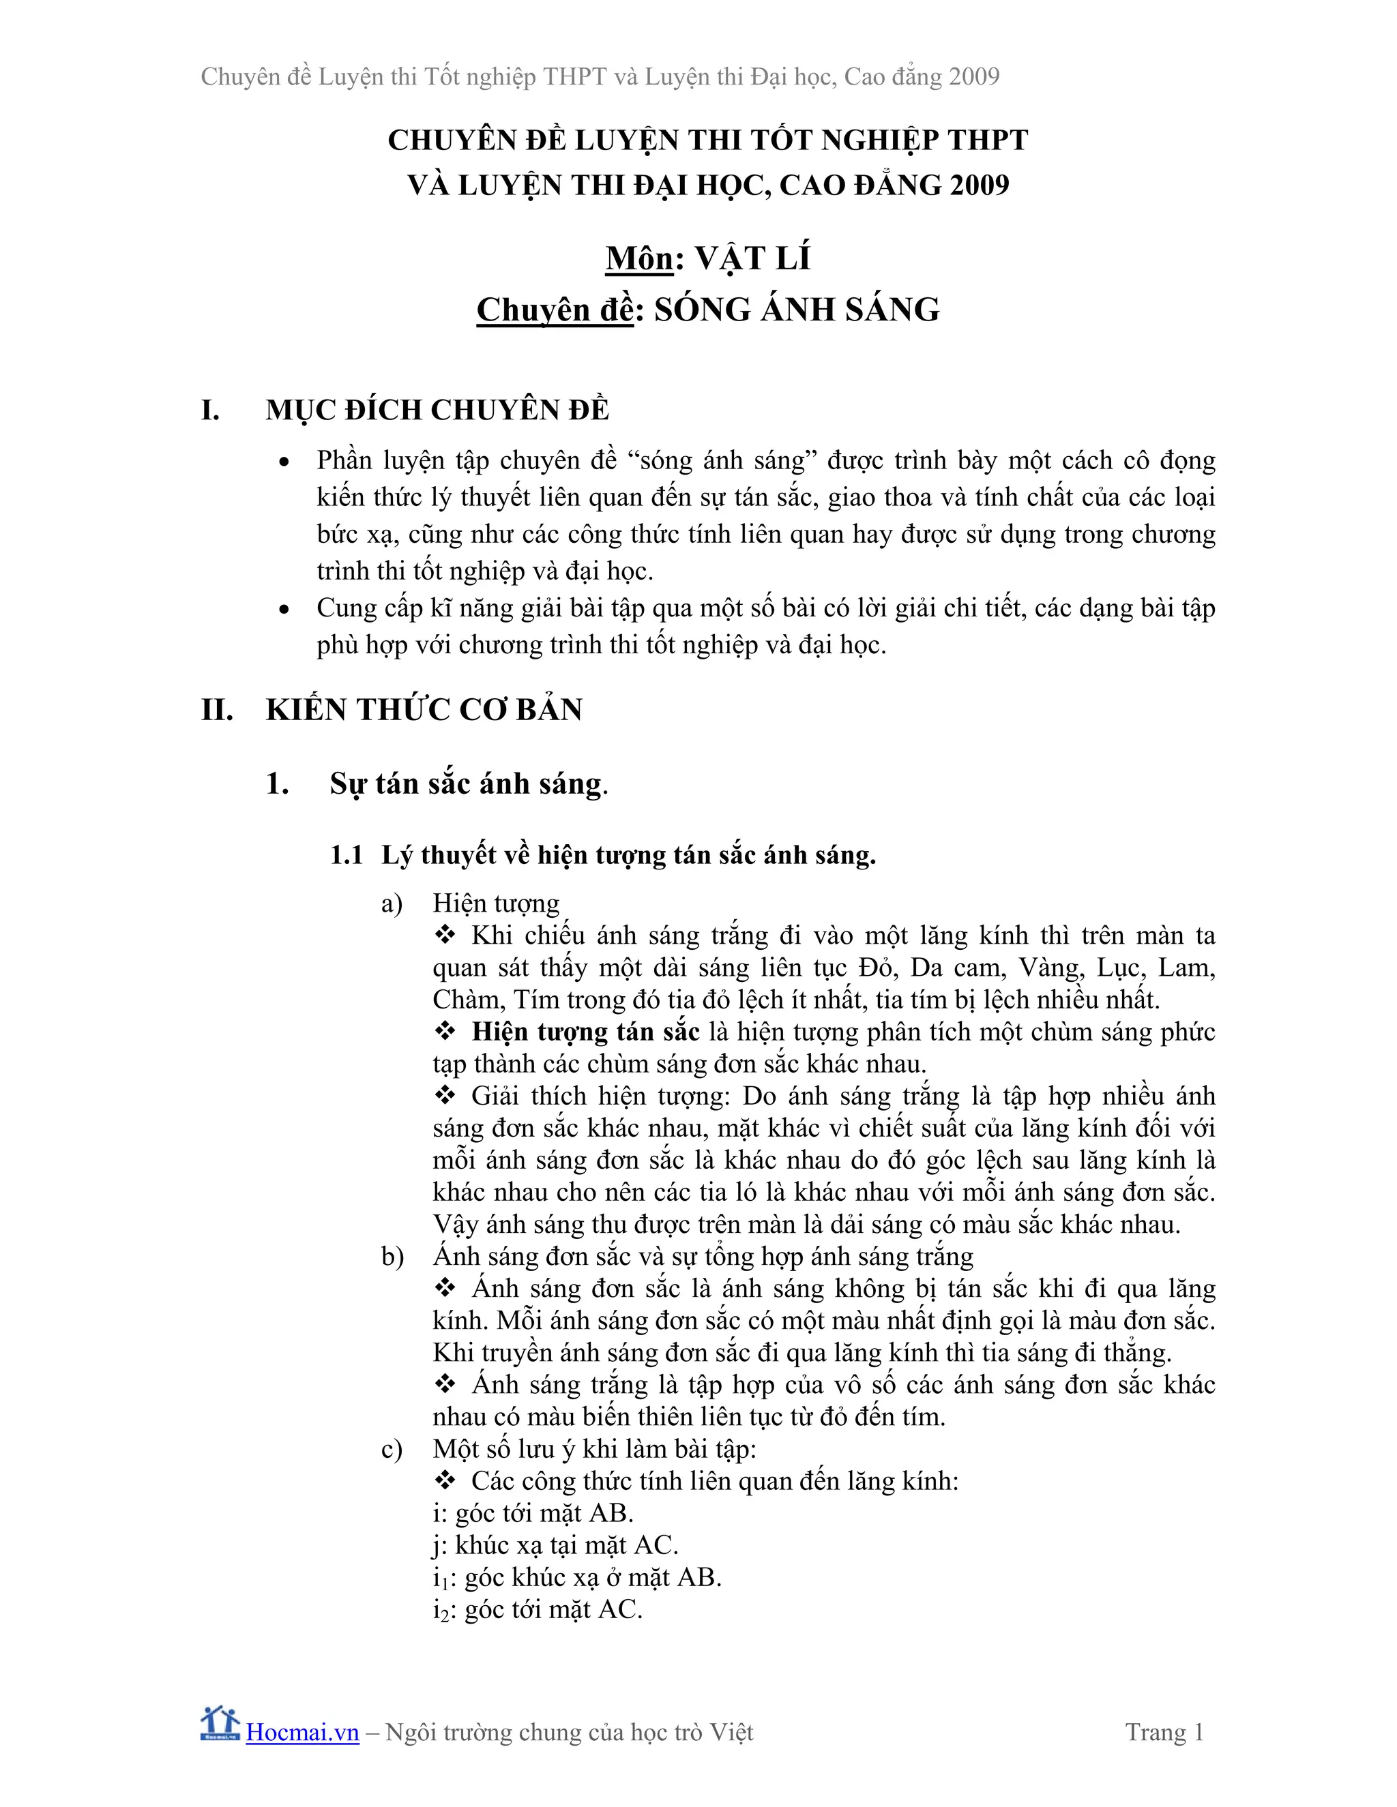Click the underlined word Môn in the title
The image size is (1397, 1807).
click(639, 259)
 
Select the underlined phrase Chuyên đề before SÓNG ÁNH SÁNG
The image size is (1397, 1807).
click(555, 310)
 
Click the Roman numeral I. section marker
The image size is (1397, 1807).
click(211, 410)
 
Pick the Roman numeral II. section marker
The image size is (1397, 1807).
click(217, 710)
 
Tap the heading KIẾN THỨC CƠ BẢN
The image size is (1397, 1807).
click(424, 710)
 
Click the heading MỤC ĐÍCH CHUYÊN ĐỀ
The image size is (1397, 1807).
click(437, 410)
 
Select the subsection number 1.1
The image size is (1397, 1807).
click(347, 854)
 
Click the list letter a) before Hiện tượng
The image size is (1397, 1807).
click(392, 904)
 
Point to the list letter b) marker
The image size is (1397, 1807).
click(392, 1257)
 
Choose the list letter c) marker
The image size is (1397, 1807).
click(392, 1450)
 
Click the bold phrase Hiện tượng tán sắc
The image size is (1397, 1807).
click(586, 1032)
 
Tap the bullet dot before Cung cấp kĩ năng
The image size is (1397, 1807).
click(284, 610)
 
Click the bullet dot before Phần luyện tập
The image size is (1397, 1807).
click(284, 462)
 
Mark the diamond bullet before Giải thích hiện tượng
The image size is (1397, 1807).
click(445, 1096)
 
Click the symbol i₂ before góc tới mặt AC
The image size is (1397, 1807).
click(440, 1610)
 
